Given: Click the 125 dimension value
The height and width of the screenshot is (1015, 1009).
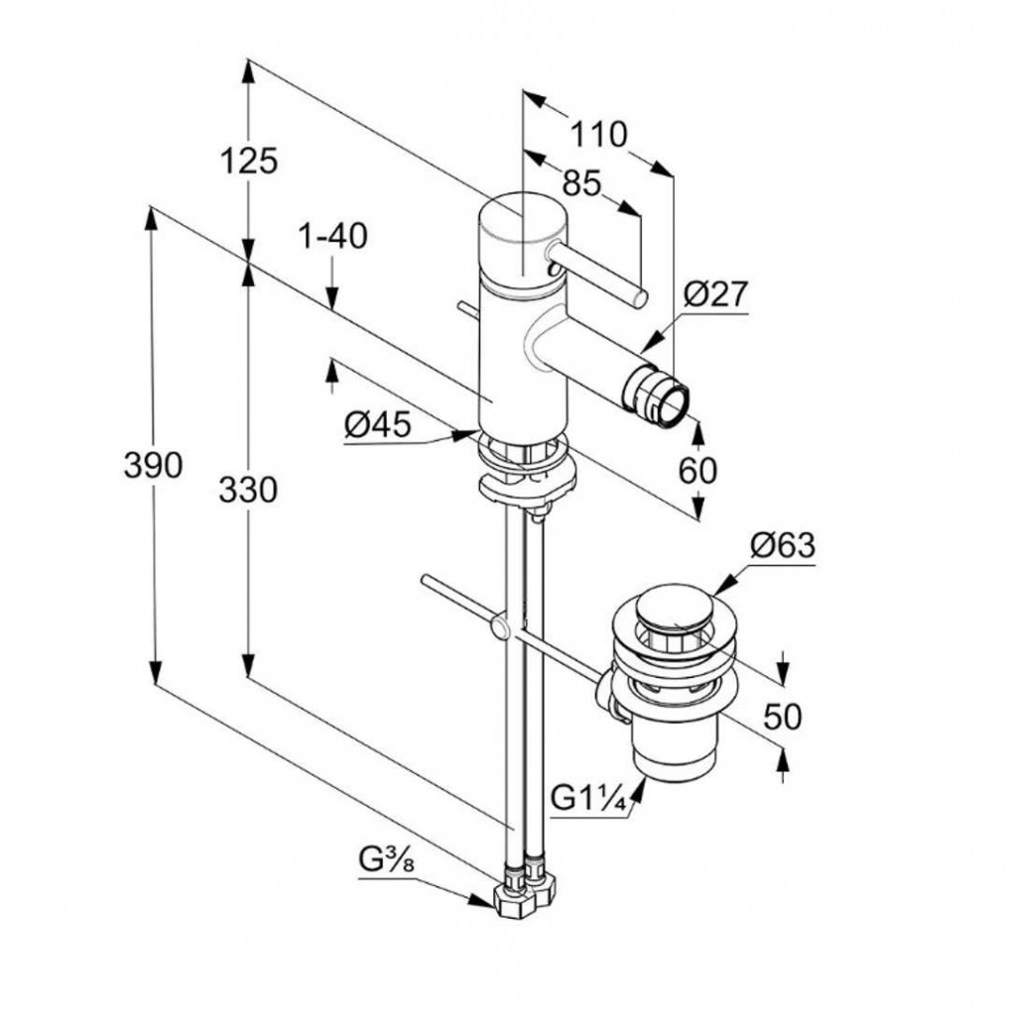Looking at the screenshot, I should pos(249,162).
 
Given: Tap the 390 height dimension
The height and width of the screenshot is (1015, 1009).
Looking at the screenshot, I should pos(153,464).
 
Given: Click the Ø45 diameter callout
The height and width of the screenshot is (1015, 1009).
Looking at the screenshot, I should pos(378,425).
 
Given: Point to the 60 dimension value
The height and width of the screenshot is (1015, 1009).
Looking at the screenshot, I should pos(697,470).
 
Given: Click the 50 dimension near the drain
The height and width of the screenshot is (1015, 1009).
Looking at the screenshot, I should pos(783,716).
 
